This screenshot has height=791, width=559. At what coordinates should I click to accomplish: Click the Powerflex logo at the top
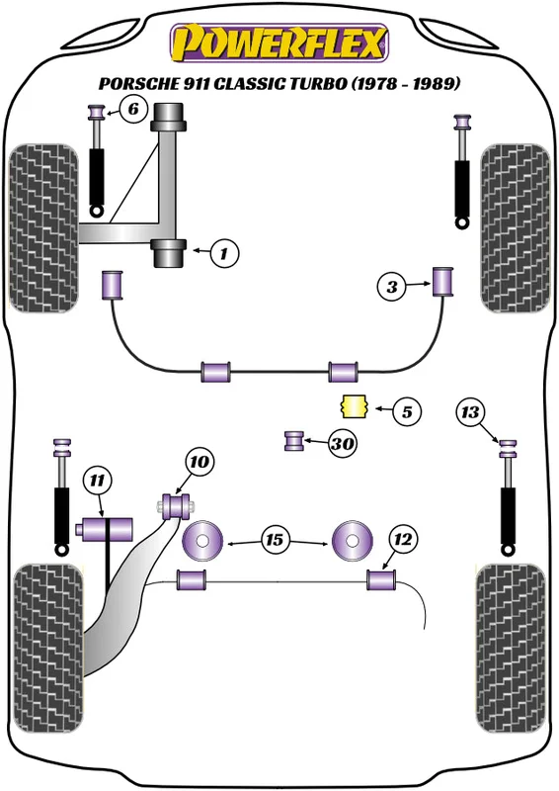click(279, 43)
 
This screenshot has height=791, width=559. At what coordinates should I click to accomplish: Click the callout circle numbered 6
click(132, 109)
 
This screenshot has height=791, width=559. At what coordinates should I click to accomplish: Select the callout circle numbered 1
click(224, 253)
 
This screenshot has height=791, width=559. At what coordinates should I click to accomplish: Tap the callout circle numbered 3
click(392, 287)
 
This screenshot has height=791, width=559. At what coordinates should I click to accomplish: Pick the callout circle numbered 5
click(406, 412)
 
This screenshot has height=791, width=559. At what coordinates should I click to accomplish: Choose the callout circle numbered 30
click(343, 444)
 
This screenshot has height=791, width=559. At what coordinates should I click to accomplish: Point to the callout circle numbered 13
click(470, 412)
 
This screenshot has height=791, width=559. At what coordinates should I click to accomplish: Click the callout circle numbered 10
click(200, 462)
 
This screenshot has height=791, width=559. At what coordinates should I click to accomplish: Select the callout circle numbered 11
click(98, 481)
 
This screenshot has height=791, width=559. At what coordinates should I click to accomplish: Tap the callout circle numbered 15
click(275, 540)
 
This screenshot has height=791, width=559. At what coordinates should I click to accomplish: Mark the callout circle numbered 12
click(403, 540)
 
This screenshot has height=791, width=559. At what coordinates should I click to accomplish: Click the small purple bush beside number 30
click(294, 441)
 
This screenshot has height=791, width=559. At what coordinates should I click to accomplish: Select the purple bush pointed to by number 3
click(443, 282)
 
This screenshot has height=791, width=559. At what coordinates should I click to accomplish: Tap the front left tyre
click(43, 228)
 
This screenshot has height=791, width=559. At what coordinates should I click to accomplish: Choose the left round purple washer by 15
click(202, 540)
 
